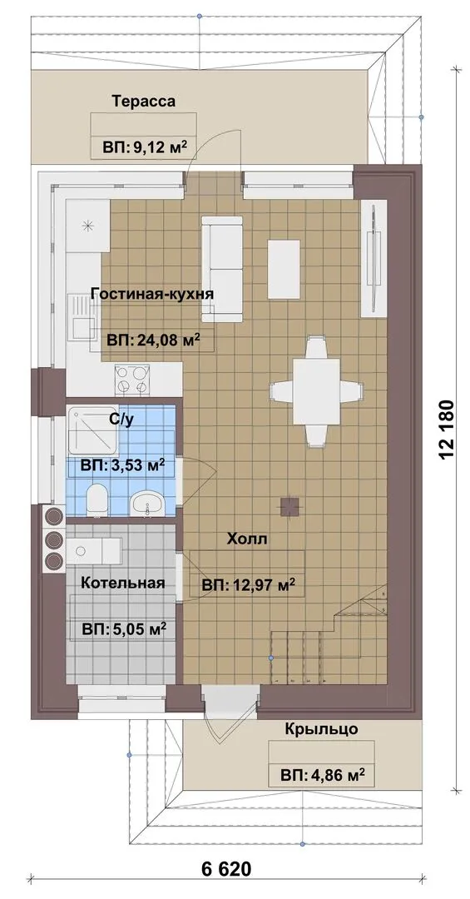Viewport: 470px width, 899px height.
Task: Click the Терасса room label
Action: point(144,102)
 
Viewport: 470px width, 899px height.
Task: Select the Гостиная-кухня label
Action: point(152,294)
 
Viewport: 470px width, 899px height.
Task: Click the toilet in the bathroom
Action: point(96,498)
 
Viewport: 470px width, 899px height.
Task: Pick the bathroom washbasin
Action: point(148,504)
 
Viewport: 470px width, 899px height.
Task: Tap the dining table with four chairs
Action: point(316,392)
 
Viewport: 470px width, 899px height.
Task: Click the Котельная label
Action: point(122,583)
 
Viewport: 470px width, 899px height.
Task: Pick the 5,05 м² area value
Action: point(124,629)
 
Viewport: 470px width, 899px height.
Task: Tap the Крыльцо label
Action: point(322,729)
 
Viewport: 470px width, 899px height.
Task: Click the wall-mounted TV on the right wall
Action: point(374,257)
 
